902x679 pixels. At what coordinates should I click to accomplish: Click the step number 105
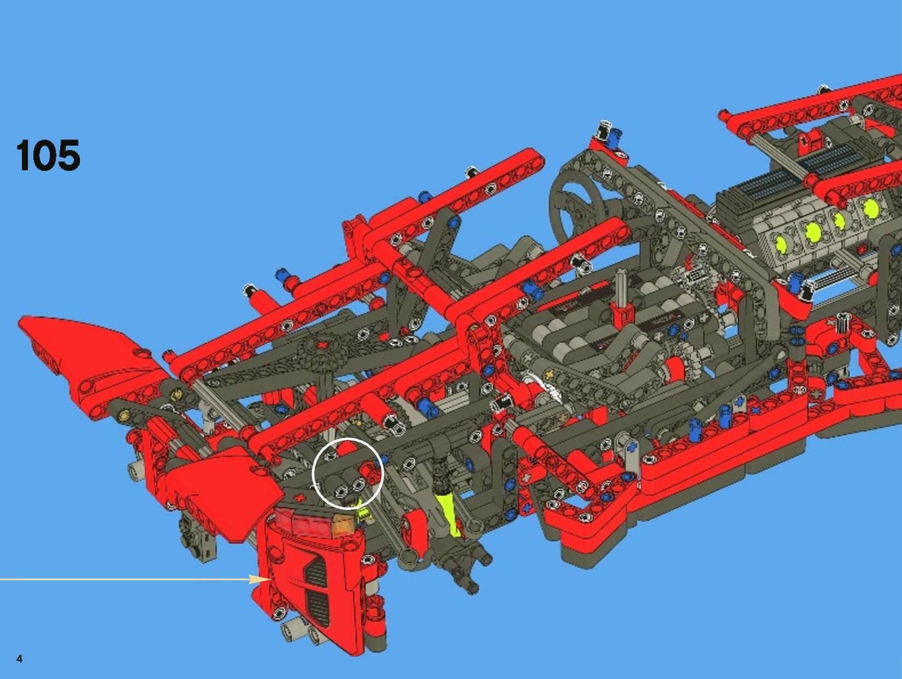48,155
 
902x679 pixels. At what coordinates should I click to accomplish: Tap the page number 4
19,659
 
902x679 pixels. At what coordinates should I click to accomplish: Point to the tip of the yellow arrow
270,579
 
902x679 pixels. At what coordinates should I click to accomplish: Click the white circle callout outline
348,439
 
